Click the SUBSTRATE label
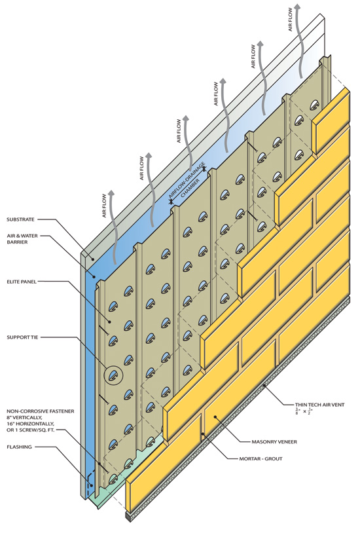(20, 219)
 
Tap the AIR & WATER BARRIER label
(22, 239)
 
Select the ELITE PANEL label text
(22, 282)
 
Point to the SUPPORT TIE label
(23, 337)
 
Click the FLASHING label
(19, 447)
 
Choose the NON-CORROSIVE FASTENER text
(41, 411)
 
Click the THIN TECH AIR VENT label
(319, 405)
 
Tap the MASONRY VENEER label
(274, 441)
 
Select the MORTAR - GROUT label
(261, 458)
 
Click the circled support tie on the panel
(114, 375)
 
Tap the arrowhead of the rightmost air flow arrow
(298, 7)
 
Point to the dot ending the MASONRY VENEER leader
(215, 417)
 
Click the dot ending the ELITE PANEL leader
(109, 322)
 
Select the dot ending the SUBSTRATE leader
(92, 259)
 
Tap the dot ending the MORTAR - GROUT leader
(203, 434)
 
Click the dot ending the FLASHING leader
(92, 486)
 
